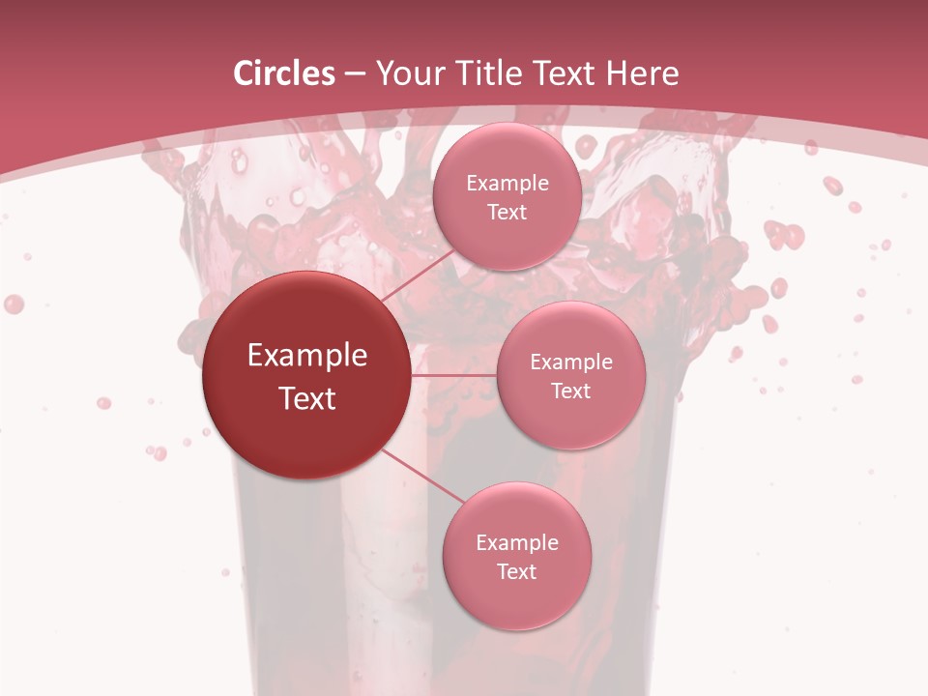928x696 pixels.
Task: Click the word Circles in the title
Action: [x=283, y=73]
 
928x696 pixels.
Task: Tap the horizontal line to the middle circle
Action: [x=454, y=374]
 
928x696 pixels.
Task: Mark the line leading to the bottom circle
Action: [x=416, y=474]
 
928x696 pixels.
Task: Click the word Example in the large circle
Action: [x=307, y=356]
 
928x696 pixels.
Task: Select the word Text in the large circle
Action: [x=307, y=398]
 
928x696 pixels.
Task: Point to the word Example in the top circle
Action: [x=507, y=183]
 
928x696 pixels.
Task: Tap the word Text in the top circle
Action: [x=507, y=212]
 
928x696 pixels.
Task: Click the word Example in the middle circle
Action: [x=571, y=362]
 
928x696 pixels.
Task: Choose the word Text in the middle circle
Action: [x=570, y=391]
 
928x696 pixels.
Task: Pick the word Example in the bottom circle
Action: [x=517, y=542]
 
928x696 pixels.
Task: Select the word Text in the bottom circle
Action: [x=516, y=571]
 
